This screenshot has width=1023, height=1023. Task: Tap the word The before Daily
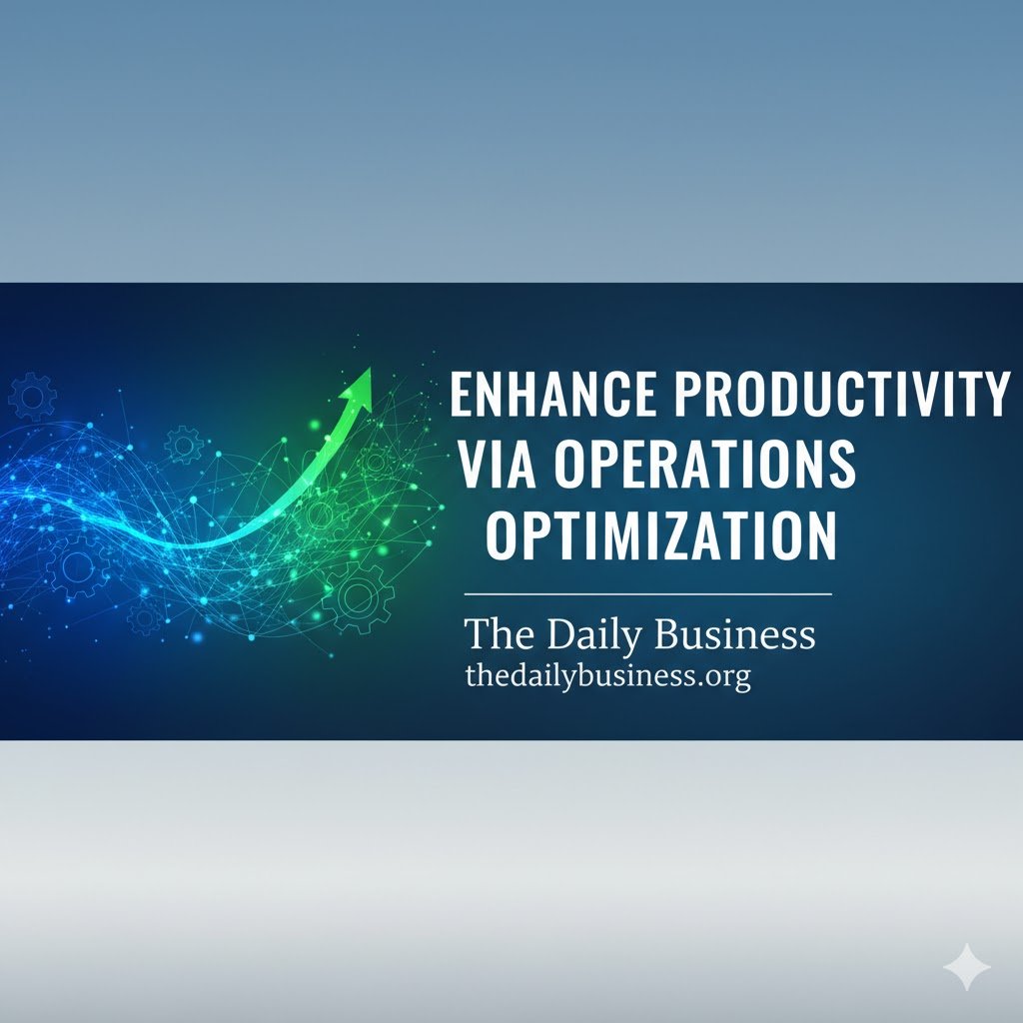tap(501, 635)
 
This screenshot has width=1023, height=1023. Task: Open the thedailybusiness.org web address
tap(607, 676)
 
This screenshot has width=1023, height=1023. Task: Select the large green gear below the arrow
tap(358, 596)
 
